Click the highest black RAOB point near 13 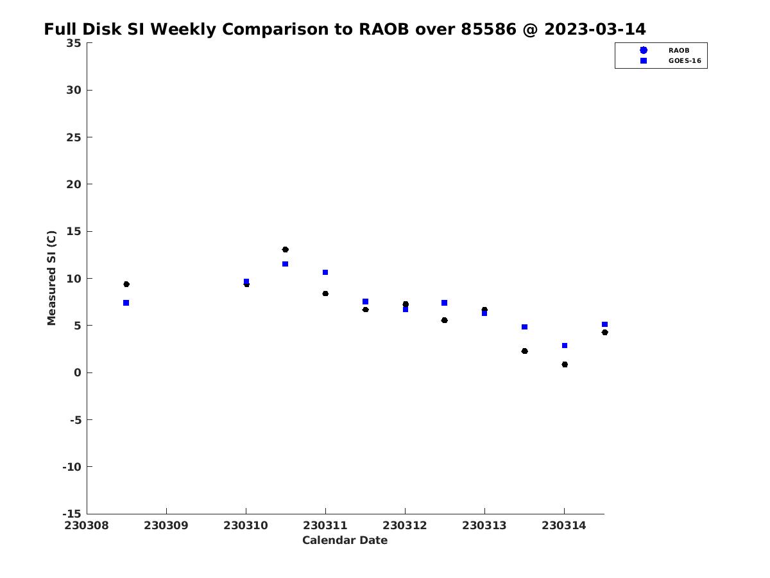285,250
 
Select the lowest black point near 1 565,364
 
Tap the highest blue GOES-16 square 285,264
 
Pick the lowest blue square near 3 565,346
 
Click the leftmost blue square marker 126,303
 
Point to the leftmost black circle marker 126,285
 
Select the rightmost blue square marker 604,324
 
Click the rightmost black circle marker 604,332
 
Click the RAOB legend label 679,51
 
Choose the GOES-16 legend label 685,61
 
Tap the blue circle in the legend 644,50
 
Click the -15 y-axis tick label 72,514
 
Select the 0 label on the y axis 78,372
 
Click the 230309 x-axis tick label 166,525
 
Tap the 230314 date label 564,525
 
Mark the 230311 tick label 325,525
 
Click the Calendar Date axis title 345,540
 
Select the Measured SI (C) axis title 51,278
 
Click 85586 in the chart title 488,29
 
